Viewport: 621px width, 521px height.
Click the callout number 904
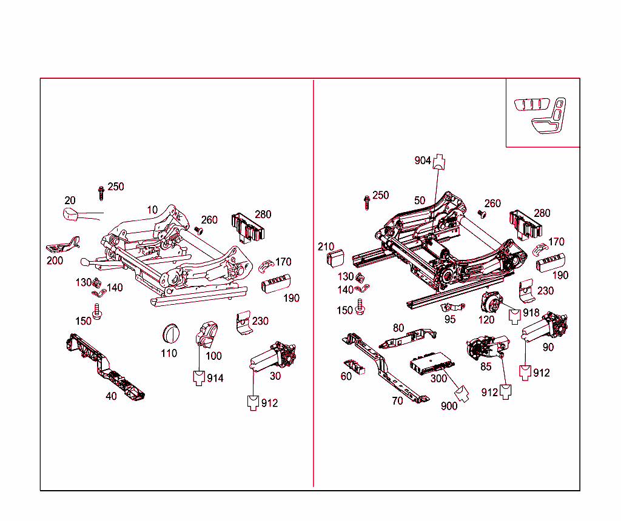pyautogui.click(x=423, y=161)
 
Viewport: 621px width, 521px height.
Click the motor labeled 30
pyautogui.click(x=273, y=357)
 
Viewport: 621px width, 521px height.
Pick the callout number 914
pyautogui.click(x=215, y=378)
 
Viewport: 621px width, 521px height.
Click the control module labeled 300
pyautogui.click(x=431, y=362)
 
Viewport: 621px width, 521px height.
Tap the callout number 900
pyautogui.click(x=449, y=406)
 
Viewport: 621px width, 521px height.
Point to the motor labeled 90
pyautogui.click(x=546, y=328)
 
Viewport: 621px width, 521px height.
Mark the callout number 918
pyautogui.click(x=531, y=313)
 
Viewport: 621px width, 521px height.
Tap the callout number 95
pyautogui.click(x=449, y=319)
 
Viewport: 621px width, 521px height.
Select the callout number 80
pyautogui.click(x=398, y=328)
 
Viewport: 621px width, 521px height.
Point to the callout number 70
pyautogui.click(x=397, y=401)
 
